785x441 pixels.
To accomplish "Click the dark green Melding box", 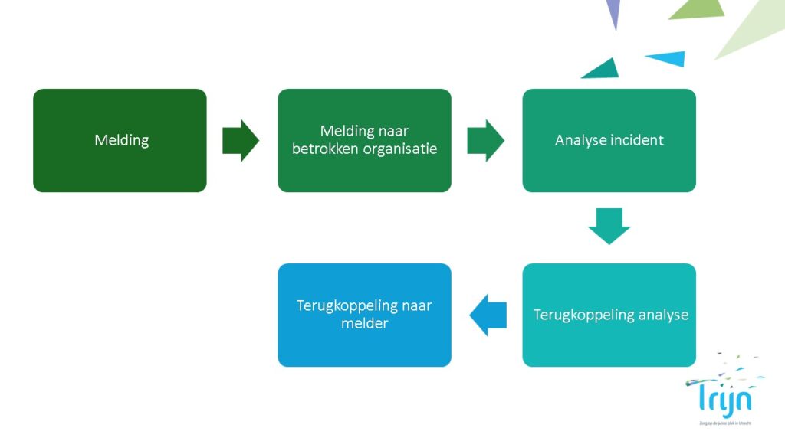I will click(x=120, y=140).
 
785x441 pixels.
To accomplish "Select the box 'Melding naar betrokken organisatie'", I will click(x=364, y=140).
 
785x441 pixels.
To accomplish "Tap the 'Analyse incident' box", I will click(x=609, y=140).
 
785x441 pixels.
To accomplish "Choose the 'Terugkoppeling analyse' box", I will click(x=609, y=315).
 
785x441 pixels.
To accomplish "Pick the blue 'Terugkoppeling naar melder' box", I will click(x=364, y=315).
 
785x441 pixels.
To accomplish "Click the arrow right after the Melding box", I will click(x=241, y=140).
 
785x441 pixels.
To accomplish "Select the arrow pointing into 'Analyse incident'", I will click(x=485, y=140).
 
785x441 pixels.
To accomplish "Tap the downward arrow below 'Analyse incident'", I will click(x=609, y=225).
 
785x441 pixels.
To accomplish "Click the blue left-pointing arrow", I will click(x=488, y=315).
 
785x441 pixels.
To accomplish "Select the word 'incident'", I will click(x=637, y=140).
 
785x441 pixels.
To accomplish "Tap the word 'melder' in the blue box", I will click(x=364, y=324).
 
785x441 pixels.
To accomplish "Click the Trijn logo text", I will click(x=719, y=398).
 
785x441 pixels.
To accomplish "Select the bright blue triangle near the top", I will click(x=668, y=58).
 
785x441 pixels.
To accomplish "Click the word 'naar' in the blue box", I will click(x=417, y=305).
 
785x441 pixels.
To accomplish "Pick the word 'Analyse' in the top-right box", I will click(x=582, y=140).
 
